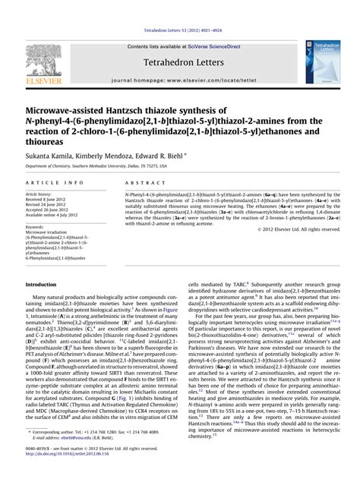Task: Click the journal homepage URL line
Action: pyautogui.click(x=179, y=79)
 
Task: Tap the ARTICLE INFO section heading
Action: pyautogui.click(x=55, y=183)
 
